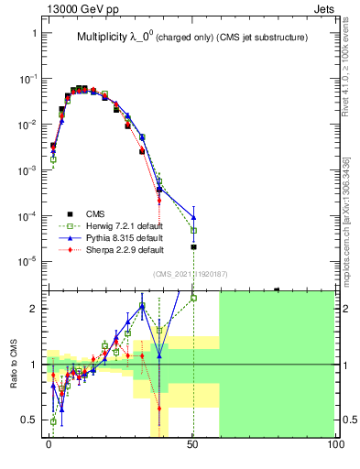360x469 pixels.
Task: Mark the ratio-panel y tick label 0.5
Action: [29, 420]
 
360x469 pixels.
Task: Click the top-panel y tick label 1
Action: [35, 34]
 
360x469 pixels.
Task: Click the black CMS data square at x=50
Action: [193, 247]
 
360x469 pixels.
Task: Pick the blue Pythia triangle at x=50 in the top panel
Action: [193, 218]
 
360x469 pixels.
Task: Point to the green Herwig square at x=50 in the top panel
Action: [193, 231]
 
